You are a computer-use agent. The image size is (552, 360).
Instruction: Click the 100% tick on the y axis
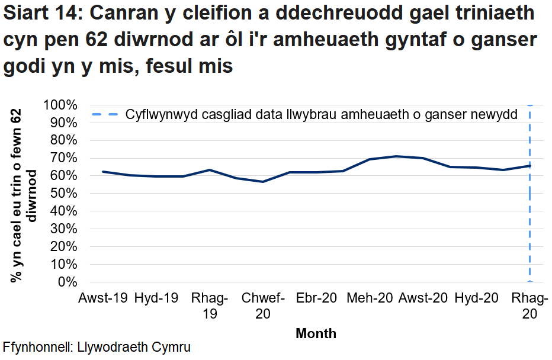coord(60,105)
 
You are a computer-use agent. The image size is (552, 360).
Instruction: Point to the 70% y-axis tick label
coord(63,158)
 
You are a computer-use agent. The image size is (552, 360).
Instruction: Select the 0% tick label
coord(69,282)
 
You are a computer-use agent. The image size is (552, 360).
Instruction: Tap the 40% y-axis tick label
coord(63,211)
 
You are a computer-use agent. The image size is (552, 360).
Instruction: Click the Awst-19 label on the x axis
coord(103,298)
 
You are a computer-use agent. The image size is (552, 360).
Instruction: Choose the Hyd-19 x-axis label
coord(156,298)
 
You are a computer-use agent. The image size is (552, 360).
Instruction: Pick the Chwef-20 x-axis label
coord(263,306)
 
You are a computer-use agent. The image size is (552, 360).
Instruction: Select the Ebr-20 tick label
coord(316,298)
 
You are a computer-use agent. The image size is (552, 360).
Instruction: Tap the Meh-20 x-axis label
coord(370,298)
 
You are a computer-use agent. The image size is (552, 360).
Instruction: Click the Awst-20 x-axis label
coord(423,298)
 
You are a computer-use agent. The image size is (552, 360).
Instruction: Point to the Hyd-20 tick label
coord(476,298)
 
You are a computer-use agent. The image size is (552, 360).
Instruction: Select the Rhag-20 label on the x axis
coord(529,306)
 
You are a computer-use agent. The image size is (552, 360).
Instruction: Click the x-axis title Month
coord(316,333)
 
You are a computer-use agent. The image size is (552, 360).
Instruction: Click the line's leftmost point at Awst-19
coord(103,172)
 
